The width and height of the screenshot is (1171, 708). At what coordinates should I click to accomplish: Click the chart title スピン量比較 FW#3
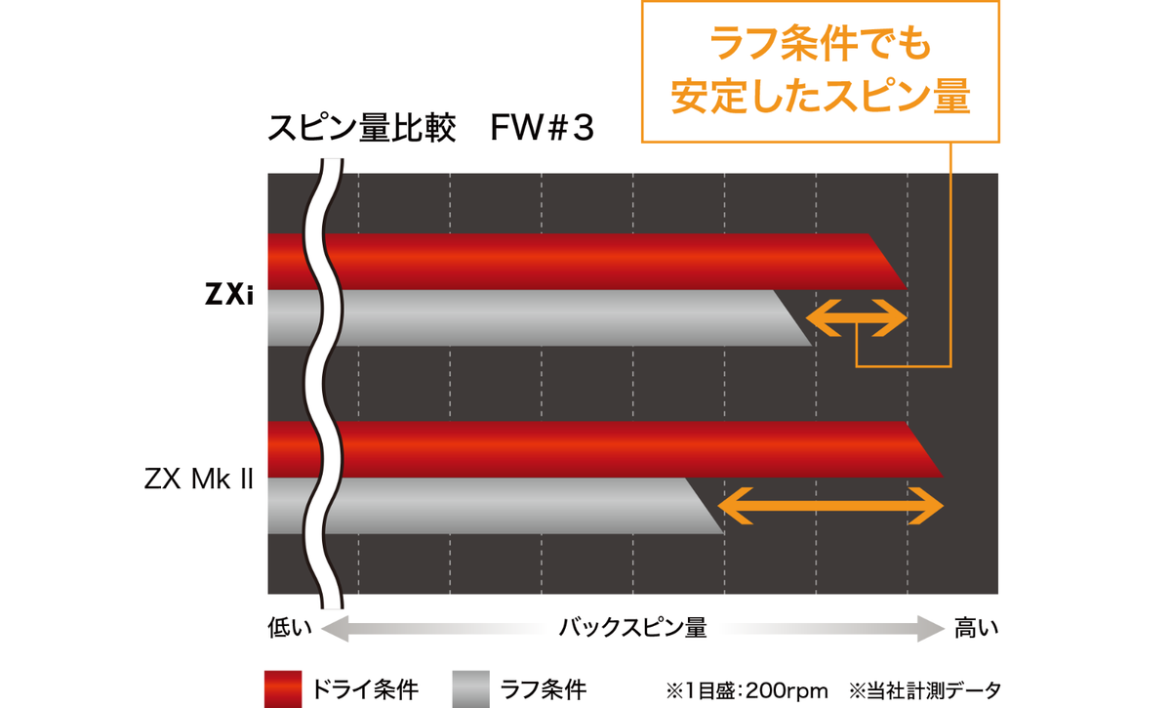click(x=430, y=128)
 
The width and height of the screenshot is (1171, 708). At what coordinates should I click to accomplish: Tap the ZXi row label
click(x=229, y=294)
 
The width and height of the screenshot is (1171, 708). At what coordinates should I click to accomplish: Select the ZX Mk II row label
click(x=199, y=479)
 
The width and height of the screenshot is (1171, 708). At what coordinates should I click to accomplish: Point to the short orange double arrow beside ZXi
click(x=857, y=317)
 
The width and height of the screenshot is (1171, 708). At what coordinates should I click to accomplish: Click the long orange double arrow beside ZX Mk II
click(x=830, y=506)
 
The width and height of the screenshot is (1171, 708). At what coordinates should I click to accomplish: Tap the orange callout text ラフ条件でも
click(x=821, y=44)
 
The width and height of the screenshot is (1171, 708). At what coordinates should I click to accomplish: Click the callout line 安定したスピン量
click(x=821, y=97)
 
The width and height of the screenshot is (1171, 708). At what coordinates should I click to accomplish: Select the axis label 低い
click(x=289, y=627)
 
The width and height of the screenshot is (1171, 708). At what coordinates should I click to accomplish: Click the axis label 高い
click(x=976, y=627)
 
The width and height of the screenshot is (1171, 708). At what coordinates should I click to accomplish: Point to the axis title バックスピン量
click(x=633, y=627)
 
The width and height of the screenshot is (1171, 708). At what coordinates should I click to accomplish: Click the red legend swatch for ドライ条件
click(x=283, y=689)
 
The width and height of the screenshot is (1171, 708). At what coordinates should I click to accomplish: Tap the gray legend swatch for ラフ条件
click(x=471, y=689)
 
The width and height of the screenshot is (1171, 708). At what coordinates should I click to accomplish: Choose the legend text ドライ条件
click(x=364, y=690)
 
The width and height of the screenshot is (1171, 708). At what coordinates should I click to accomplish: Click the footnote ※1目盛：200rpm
click(x=747, y=690)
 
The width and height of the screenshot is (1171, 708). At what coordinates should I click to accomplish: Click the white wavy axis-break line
click(x=324, y=384)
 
